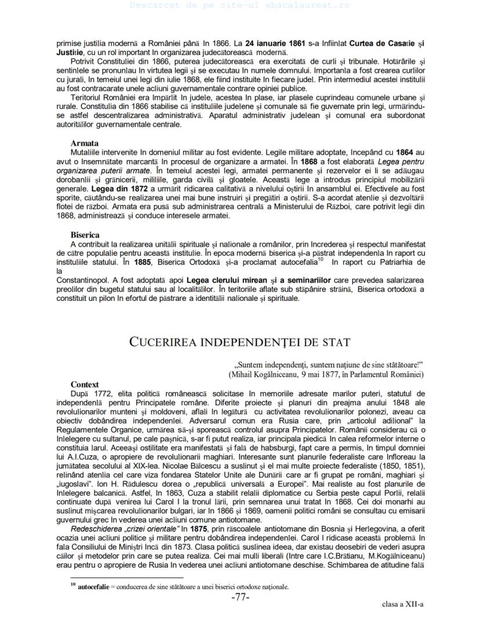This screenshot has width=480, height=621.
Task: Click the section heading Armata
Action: tap(85, 143)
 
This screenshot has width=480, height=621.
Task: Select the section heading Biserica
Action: tap(85, 235)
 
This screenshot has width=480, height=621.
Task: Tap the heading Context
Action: tap(85, 384)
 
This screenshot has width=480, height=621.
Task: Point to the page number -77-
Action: tap(240, 598)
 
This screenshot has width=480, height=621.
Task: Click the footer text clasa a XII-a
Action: tap(403, 604)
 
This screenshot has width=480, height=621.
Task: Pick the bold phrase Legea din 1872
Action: tap(117, 189)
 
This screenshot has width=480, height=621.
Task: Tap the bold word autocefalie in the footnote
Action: tap(95, 587)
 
